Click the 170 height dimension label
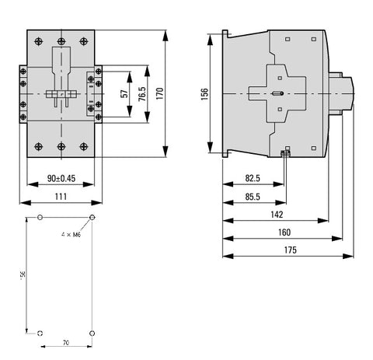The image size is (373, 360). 160,93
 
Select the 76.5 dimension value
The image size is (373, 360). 142,94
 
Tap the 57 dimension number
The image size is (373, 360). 124,93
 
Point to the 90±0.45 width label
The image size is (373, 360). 61,178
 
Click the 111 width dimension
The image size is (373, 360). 61,197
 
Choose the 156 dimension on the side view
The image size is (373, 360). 204,94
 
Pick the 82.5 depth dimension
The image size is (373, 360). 253,178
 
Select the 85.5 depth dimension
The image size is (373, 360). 253,197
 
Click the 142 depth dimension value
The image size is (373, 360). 277,215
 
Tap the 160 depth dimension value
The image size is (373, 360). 284,232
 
